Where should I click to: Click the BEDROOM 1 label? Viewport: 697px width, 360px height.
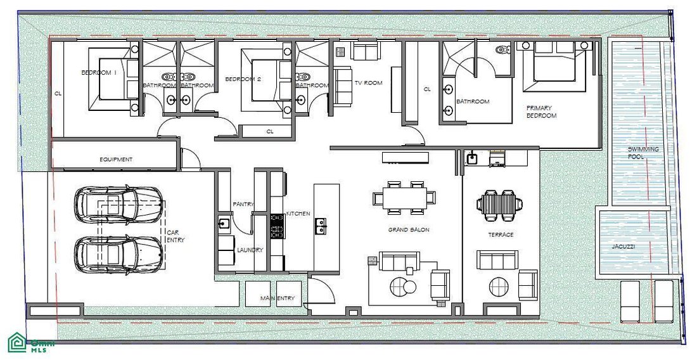click(99, 72)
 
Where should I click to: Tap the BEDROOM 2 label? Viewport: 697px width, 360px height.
click(243, 79)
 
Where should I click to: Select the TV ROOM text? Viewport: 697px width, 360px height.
click(368, 83)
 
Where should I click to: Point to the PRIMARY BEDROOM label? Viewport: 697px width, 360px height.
click(541, 112)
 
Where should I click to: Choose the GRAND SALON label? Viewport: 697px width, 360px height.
click(409, 230)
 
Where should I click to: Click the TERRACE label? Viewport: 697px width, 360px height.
click(501, 235)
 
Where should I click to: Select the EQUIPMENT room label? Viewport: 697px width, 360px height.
click(115, 159)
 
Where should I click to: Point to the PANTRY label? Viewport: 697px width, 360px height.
click(243, 205)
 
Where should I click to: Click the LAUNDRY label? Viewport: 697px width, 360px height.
click(250, 250)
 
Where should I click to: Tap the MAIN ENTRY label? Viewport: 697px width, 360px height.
click(278, 299)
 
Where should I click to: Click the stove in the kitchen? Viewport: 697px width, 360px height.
click(278, 226)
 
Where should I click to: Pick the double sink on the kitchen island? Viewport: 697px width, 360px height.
click(321, 227)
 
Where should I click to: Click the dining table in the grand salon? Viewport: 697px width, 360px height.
click(404, 197)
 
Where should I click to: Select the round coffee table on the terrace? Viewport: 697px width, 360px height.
click(498, 286)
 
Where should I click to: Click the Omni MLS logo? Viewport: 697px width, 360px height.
click(30, 343)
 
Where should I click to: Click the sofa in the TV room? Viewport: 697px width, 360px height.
click(343, 86)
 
